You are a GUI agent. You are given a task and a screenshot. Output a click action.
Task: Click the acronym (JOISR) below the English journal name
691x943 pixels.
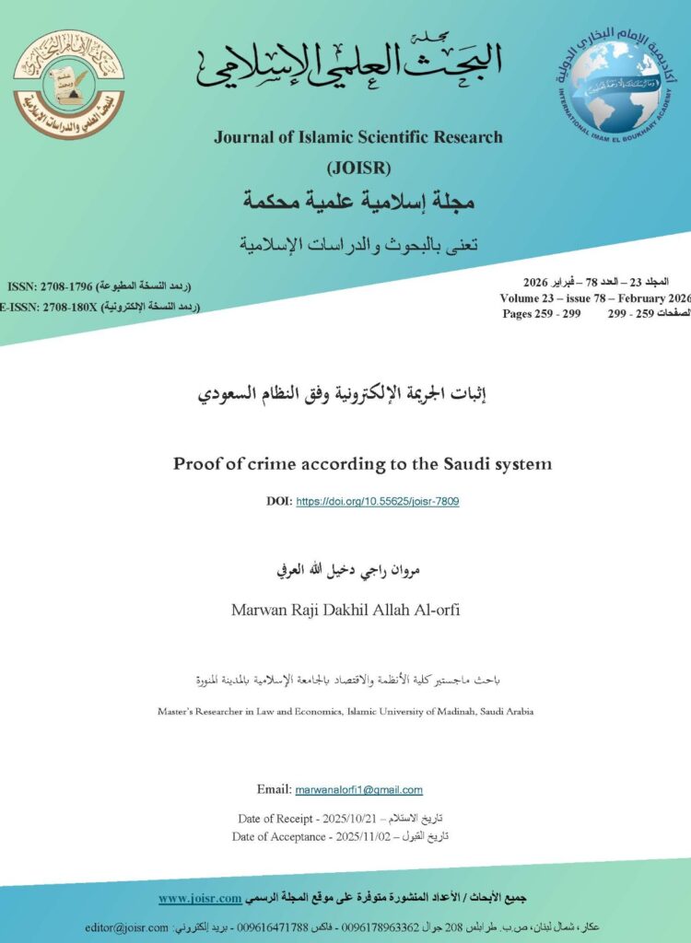358,168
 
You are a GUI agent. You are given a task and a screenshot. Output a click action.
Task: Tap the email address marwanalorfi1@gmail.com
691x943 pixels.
358,789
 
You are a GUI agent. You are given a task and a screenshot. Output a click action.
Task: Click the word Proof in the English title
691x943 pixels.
196,463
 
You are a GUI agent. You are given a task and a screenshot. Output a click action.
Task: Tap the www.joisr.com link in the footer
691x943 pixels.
200,898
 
